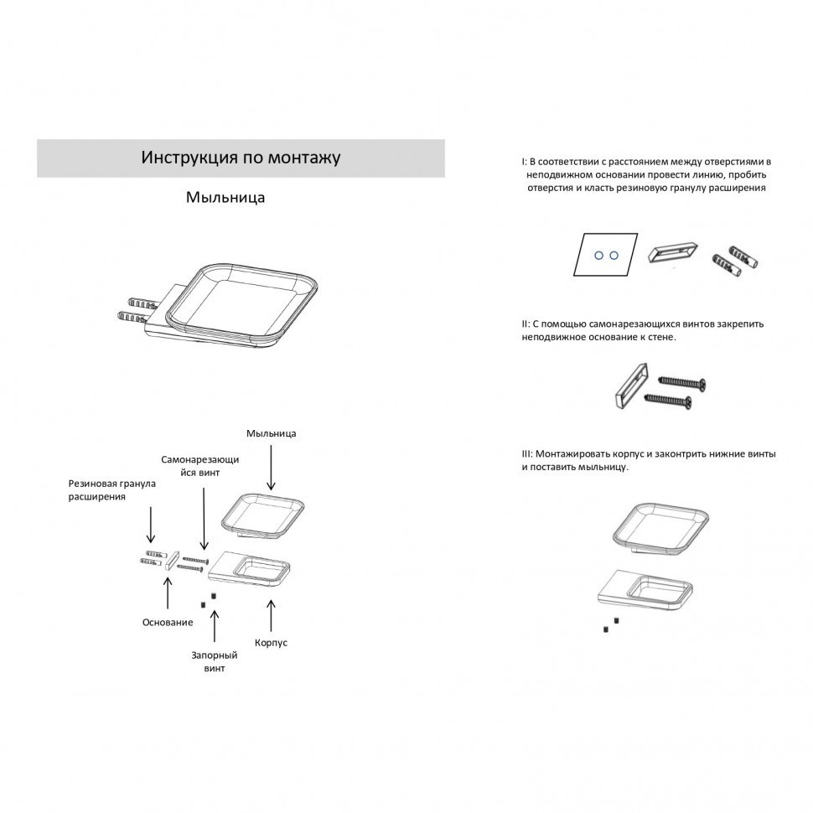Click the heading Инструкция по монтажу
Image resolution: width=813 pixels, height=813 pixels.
(x=241, y=157)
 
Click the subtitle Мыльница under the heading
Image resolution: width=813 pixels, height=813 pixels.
(x=225, y=197)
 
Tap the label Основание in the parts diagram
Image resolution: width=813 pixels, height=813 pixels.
(x=168, y=622)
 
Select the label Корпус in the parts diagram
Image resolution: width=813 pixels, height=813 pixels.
(x=271, y=643)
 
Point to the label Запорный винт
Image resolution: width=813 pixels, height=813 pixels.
(x=214, y=661)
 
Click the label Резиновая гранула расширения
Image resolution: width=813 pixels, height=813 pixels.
(x=112, y=490)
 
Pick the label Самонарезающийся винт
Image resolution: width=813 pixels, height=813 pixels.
(x=200, y=466)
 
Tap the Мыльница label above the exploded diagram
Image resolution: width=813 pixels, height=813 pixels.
(x=272, y=433)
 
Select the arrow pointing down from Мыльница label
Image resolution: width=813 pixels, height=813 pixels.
(x=272, y=468)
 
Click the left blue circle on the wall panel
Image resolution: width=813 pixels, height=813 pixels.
(x=599, y=256)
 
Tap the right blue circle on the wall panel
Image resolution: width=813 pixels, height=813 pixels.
(x=614, y=255)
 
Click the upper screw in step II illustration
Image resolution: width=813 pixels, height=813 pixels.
(x=682, y=383)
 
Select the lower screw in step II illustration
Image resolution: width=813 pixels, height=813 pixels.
(x=668, y=401)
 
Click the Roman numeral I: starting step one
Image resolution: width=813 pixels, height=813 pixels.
(x=524, y=162)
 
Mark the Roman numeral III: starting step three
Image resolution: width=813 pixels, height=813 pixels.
(x=527, y=454)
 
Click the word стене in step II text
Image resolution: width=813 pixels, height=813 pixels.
(x=661, y=338)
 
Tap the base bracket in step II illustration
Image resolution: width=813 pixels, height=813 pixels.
(x=630, y=386)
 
